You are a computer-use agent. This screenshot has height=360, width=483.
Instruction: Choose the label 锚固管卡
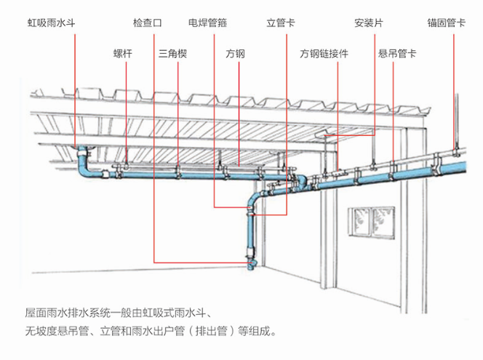[x=447, y=23]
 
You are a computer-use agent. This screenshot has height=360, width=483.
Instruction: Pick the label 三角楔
[x=173, y=54]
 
